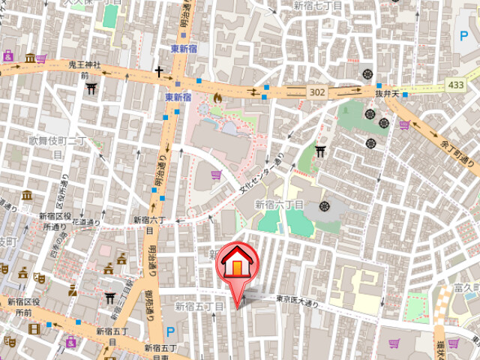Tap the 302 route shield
click(316, 91)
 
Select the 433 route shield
click(454, 86)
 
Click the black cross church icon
click(159, 72)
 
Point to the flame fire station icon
click(217, 97)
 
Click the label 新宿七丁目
click(317, 5)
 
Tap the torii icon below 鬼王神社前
click(92, 88)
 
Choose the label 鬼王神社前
click(83, 70)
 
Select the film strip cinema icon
click(34, 328)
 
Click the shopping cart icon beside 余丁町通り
click(403, 124)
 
